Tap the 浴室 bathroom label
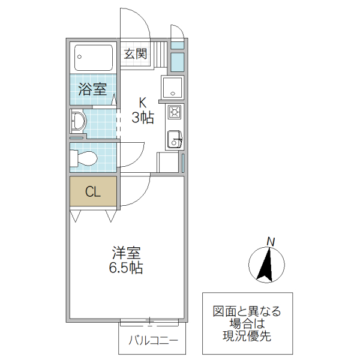(93, 90)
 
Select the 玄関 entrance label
(136, 54)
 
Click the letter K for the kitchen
(143, 102)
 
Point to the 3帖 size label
(143, 117)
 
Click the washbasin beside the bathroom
(78, 122)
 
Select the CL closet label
(92, 192)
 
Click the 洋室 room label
(125, 253)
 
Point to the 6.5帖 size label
(125, 268)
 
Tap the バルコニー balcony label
(152, 342)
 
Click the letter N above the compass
(271, 241)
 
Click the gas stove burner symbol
(175, 112)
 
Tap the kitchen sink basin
(174, 138)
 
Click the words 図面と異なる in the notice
(247, 311)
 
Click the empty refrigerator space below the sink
(169, 162)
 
